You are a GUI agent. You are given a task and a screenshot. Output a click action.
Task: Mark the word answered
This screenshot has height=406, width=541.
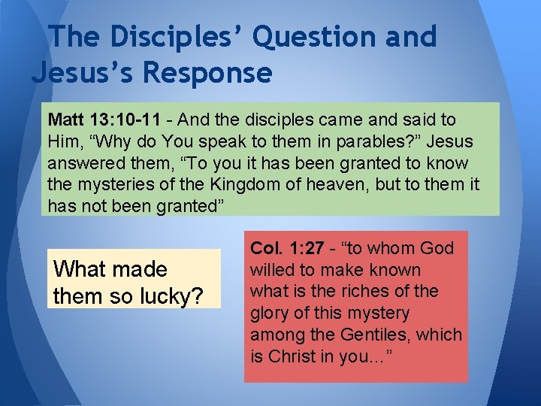[x=80, y=163]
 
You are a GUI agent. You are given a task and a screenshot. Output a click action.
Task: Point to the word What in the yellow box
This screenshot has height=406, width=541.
[x=80, y=269]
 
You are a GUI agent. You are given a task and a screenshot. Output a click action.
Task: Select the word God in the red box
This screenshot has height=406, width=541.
[x=437, y=248]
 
